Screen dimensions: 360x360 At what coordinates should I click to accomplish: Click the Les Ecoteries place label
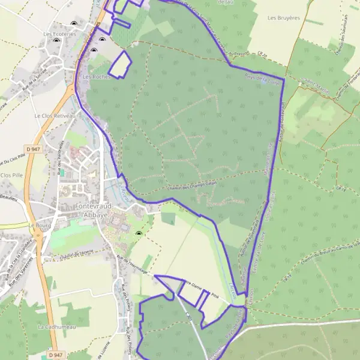[x=60, y=34]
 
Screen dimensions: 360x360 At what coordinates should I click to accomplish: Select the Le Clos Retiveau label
[x=55, y=116]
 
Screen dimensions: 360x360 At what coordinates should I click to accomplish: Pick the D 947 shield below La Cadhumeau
[x=56, y=355]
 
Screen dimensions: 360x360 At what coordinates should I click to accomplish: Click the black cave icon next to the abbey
[x=139, y=234]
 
